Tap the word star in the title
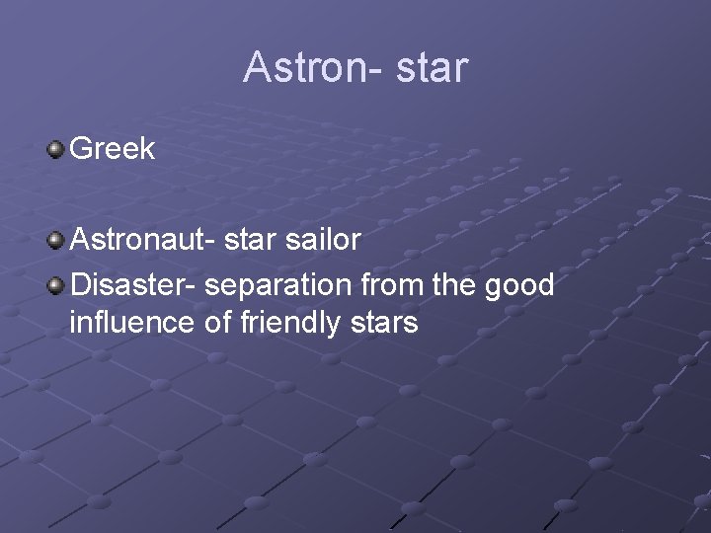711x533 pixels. [431, 68]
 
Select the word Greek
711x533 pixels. [113, 149]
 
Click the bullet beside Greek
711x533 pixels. [55, 149]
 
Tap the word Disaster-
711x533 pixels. [135, 285]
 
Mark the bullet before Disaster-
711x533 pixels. [55, 285]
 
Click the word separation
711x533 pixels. [282, 285]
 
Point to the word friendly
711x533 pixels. [292, 323]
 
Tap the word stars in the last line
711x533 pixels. [387, 323]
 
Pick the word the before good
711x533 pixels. [455, 285]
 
